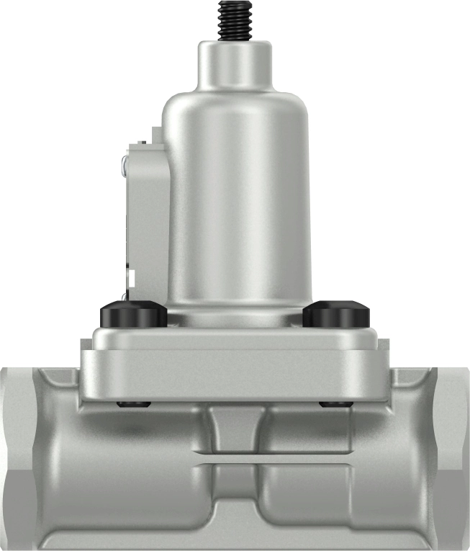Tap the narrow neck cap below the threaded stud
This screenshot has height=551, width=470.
pos(235,63)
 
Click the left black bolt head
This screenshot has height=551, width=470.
pos(134,314)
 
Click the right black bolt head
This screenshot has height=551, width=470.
pos(336,314)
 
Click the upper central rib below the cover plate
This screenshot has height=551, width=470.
pos(235,429)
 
